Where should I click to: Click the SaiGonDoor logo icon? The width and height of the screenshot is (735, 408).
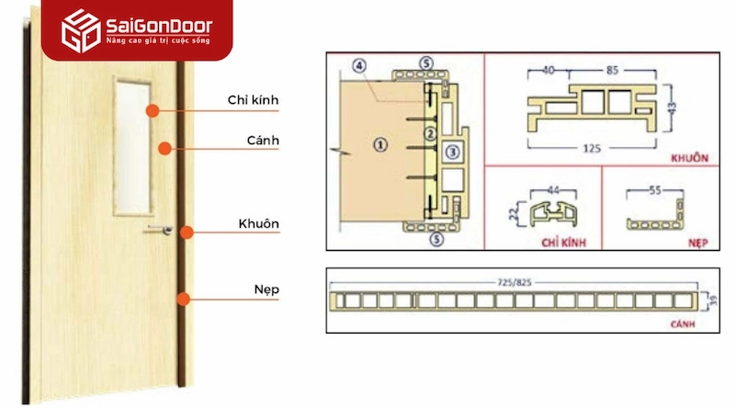[79, 31]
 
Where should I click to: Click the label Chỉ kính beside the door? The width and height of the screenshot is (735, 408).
[253, 99]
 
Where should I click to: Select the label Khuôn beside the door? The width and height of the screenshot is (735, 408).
[260, 223]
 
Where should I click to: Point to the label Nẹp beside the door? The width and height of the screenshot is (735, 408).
[267, 289]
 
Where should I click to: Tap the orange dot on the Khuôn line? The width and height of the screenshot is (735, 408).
[186, 232]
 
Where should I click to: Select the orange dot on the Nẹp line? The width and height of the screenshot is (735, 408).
[185, 298]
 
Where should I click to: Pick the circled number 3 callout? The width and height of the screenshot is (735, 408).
[452, 151]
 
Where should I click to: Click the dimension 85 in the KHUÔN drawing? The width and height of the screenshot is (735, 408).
[610, 68]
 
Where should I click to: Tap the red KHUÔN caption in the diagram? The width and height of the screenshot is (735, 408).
[691, 157]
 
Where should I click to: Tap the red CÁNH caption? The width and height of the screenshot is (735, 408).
[682, 325]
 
